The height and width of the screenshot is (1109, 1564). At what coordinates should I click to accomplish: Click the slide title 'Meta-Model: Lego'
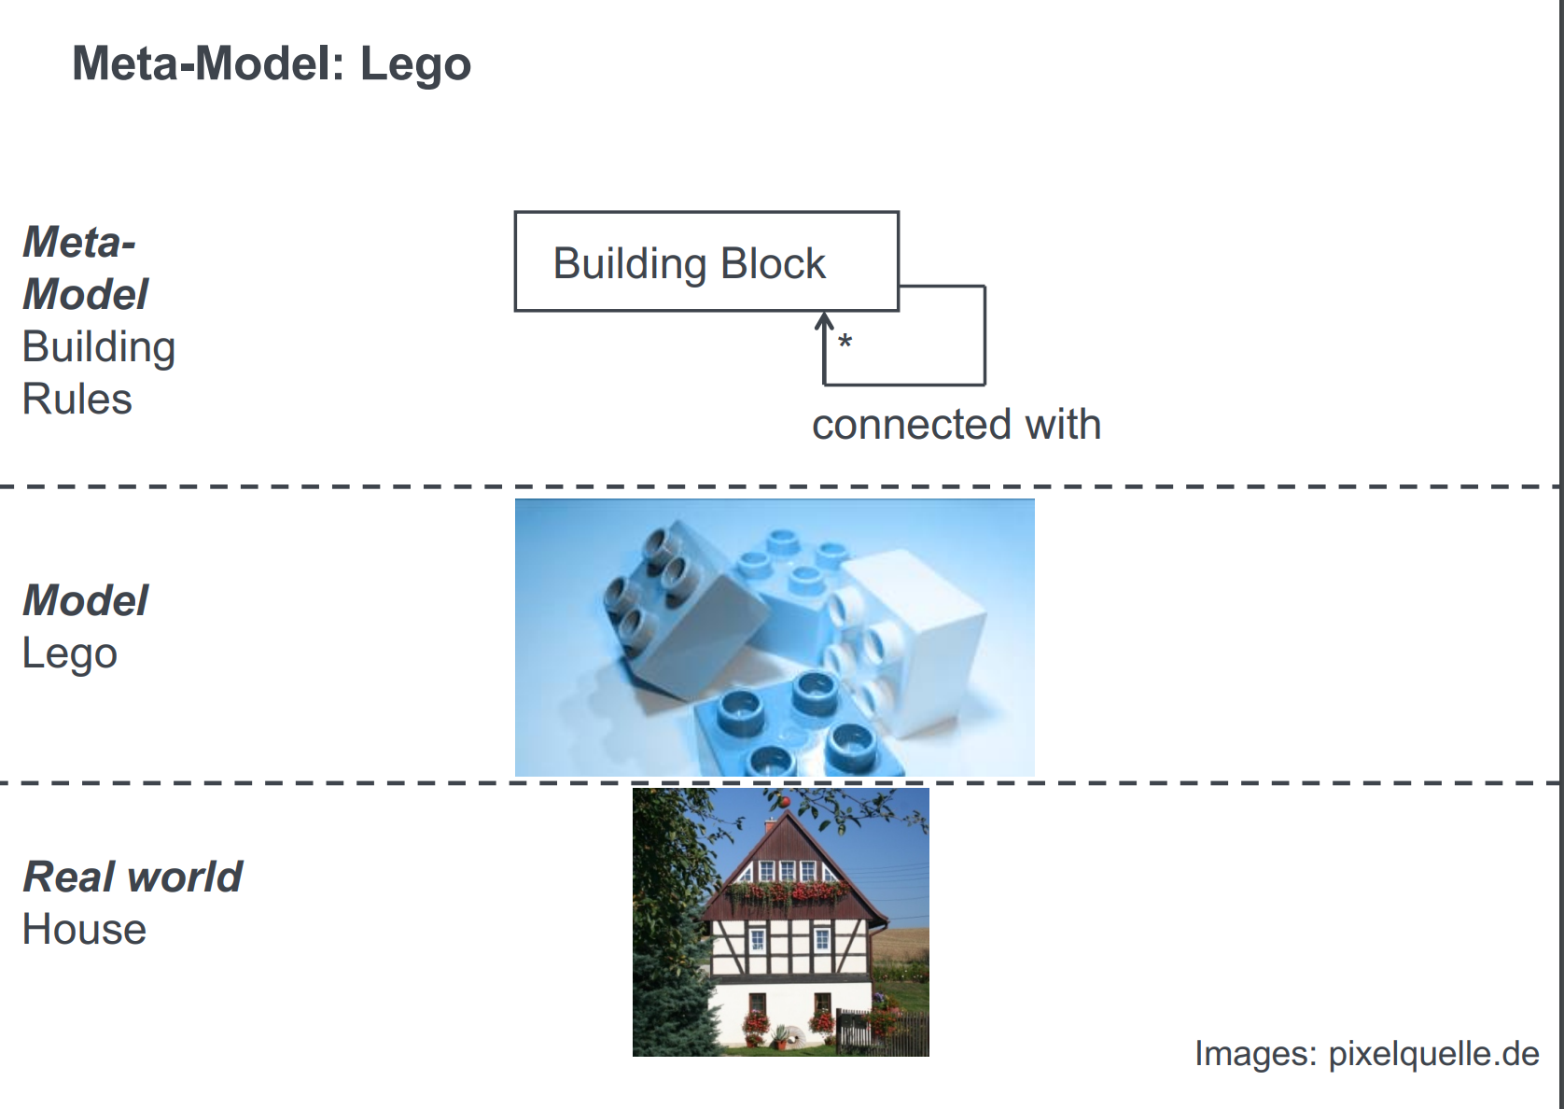(272, 64)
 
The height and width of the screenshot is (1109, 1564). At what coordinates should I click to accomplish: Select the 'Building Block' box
(705, 261)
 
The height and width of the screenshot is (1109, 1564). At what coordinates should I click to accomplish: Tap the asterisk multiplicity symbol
(845, 342)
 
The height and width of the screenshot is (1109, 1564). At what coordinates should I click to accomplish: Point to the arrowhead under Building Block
(824, 321)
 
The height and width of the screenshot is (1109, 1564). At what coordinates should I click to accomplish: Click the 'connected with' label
(956, 425)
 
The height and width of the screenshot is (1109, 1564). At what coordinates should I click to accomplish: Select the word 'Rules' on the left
(77, 400)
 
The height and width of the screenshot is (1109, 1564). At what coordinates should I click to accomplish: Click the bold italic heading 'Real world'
(133, 877)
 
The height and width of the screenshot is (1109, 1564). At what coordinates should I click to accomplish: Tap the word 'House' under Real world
(84, 930)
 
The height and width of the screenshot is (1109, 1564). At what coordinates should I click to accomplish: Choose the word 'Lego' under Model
(70, 653)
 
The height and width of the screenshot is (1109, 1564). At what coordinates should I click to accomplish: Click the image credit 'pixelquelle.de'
(1433, 1054)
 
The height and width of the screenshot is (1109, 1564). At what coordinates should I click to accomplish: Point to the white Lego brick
(919, 635)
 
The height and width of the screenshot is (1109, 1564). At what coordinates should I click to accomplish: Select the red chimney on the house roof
(771, 825)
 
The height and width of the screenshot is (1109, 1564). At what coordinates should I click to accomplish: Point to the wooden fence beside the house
(882, 1032)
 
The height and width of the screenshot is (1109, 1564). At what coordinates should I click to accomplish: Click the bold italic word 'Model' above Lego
(86, 601)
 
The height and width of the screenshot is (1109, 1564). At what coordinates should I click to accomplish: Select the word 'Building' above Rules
(99, 347)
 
